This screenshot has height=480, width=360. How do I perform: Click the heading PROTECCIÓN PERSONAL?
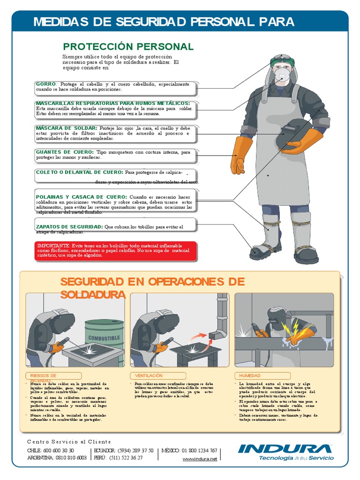[x=128, y=46]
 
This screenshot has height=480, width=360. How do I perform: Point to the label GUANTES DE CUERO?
[x=65, y=152]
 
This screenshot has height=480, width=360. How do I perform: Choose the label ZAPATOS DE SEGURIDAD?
[x=69, y=227]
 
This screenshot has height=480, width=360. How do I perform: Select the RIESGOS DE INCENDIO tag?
[x=50, y=376]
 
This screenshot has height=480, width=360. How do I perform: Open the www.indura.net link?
[x=200, y=459]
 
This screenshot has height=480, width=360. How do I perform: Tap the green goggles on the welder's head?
[x=283, y=61]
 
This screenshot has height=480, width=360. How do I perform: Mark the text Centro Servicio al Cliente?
[x=69, y=442]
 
